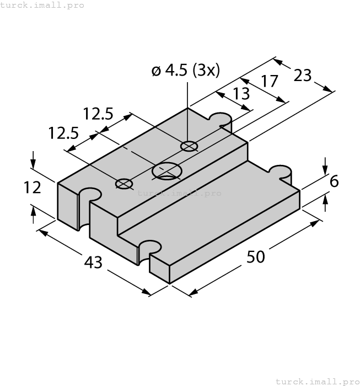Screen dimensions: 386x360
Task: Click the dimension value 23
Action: point(303,75)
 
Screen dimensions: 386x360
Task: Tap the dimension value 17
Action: point(270,82)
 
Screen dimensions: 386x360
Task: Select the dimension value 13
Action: point(241,94)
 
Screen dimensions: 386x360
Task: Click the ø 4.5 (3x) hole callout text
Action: point(185,71)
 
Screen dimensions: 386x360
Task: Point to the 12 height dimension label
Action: point(33,187)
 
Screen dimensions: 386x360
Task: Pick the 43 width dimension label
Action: point(93,262)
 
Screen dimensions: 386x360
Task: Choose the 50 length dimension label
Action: point(255,257)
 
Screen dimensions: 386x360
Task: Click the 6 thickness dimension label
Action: point(334,181)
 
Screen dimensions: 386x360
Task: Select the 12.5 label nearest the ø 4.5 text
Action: point(98,114)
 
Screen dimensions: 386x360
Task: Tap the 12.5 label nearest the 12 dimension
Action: point(63,133)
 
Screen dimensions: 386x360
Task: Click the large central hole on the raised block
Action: point(167,171)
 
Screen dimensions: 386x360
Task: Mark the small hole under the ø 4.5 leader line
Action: point(189,146)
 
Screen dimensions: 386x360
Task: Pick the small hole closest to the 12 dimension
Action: point(124,184)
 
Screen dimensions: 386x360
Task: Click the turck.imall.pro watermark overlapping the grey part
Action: point(179,193)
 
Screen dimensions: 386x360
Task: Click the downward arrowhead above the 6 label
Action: point(325,165)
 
